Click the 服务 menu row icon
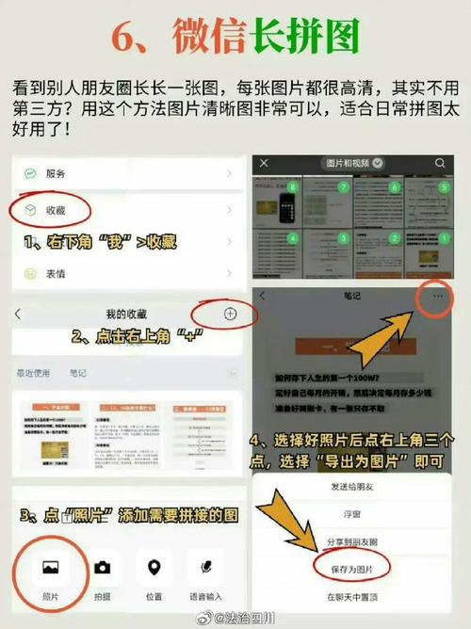(30, 174)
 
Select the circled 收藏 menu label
(55, 209)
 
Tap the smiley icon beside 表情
(30, 274)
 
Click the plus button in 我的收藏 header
(231, 313)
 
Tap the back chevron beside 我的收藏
(18, 313)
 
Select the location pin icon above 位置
(154, 567)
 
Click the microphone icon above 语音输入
(205, 567)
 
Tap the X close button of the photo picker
(265, 163)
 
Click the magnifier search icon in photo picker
(440, 163)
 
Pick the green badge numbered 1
(445, 238)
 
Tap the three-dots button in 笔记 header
(434, 296)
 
